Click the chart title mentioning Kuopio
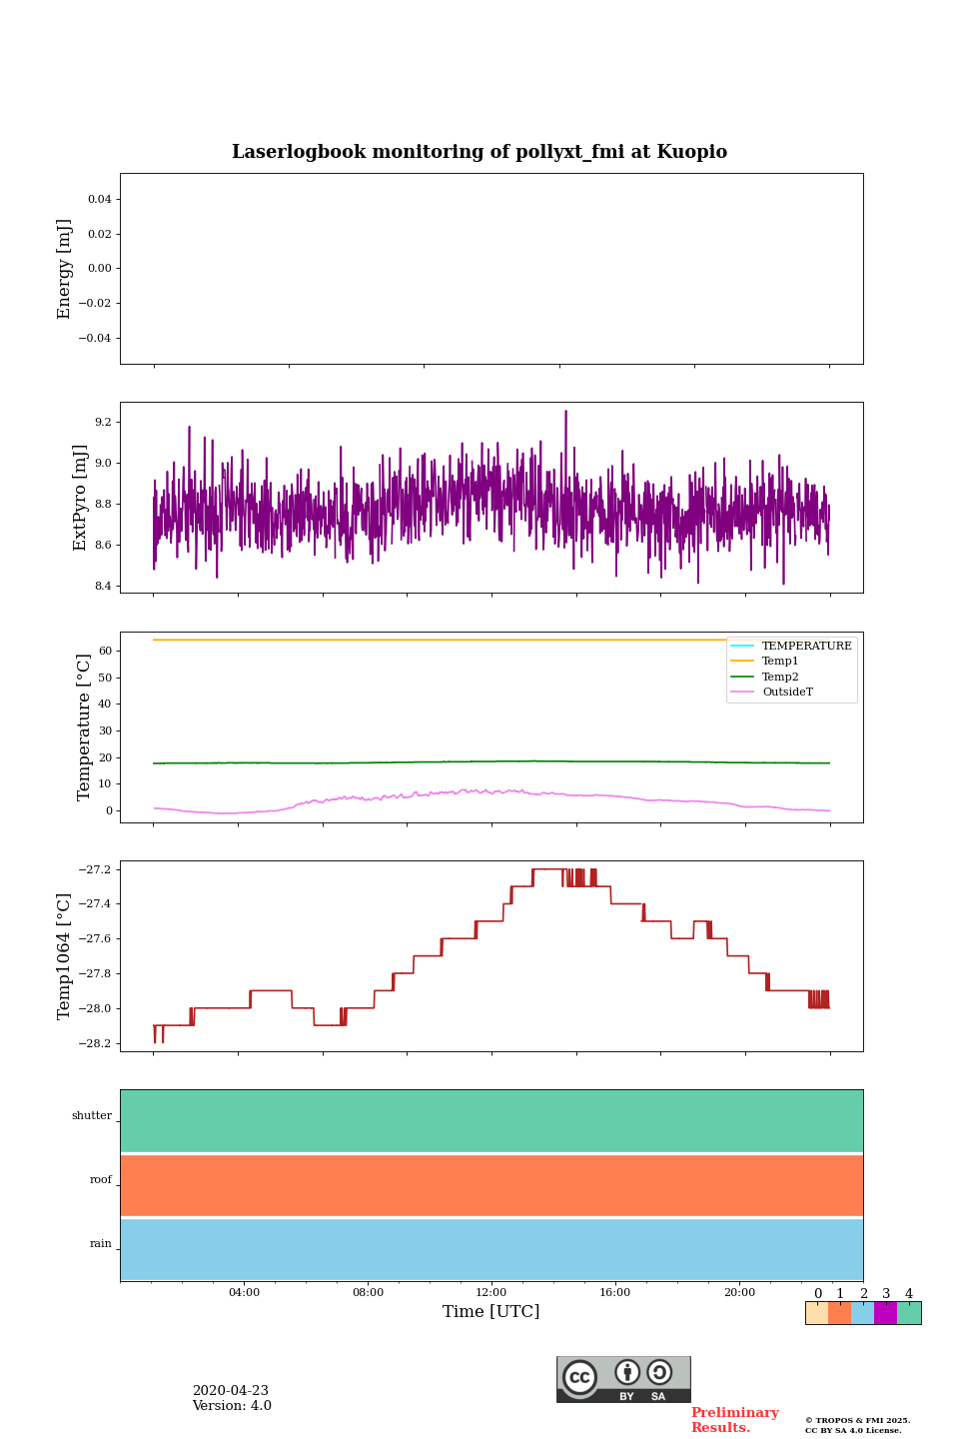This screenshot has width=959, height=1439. [479, 152]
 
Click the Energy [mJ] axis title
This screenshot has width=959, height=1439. [65, 269]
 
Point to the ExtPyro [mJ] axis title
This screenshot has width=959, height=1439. [81, 498]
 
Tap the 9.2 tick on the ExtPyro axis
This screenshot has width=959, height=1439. [102, 423]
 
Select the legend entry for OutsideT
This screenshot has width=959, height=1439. [787, 693]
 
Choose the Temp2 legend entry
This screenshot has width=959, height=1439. [780, 678]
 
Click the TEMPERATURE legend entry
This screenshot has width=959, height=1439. [806, 647]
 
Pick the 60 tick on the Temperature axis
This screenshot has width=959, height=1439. [105, 652]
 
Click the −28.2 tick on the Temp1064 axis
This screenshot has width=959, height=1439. [96, 1044]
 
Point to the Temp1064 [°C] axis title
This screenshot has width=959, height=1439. [65, 956]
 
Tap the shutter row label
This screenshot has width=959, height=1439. [92, 1116]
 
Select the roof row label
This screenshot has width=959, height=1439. [101, 1180]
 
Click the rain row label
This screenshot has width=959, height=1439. [101, 1244]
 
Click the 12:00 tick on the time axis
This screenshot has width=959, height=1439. [491, 1293]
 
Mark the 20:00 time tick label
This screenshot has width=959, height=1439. [739, 1293]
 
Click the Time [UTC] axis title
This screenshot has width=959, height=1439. [491, 1312]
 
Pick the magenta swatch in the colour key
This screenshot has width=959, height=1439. [885, 1313]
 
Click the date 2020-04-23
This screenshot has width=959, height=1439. [230, 1391]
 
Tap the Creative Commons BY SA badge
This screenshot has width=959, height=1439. [623, 1379]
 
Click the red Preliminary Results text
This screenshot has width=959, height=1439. [734, 1420]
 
